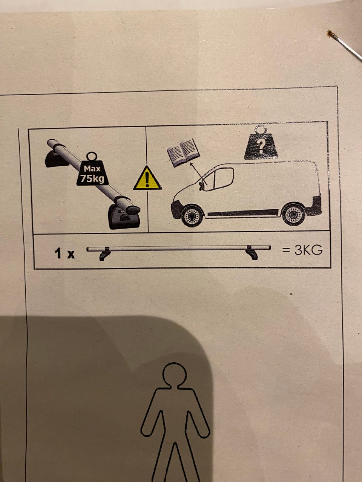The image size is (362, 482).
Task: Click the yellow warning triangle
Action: point(147,178)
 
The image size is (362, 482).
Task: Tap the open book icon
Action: point(183,152)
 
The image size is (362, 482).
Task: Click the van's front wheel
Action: point(192,216)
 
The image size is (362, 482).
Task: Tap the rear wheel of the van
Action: point(294,215)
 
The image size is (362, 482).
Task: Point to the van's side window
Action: point(224,178)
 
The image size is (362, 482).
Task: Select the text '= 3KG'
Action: point(302,250)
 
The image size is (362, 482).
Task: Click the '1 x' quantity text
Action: point(65,253)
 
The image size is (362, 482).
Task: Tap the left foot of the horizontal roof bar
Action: point(105,254)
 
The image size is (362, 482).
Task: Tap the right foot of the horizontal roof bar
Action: point(252,253)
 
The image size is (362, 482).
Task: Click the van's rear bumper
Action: point(314,206)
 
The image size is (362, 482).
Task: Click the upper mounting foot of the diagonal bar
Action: point(55,159)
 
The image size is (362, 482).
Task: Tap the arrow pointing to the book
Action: point(198,174)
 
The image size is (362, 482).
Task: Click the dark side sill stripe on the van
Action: point(243,212)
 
